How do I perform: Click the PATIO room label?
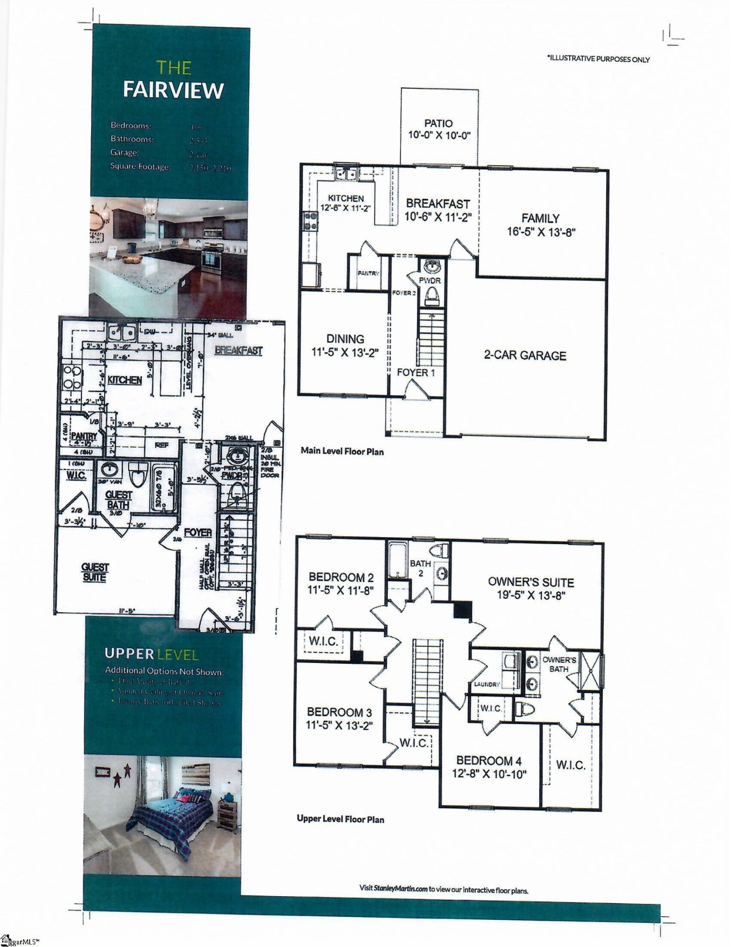(438, 123)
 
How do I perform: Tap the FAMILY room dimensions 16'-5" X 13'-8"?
(541, 232)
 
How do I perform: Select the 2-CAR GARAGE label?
(525, 356)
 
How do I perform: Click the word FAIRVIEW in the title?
(173, 90)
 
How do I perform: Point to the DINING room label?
(345, 339)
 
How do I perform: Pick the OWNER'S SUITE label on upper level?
(531, 582)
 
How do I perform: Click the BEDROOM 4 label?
(488, 761)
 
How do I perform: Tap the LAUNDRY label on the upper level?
(487, 684)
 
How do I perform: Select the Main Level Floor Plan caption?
(342, 451)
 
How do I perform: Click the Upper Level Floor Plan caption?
(341, 819)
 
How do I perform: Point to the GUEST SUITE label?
(95, 572)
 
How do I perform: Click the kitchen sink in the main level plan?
(347, 174)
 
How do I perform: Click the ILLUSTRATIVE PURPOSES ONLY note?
(598, 59)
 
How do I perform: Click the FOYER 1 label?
(416, 373)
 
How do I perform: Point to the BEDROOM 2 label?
(341, 577)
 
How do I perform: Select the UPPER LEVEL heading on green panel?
(151, 655)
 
